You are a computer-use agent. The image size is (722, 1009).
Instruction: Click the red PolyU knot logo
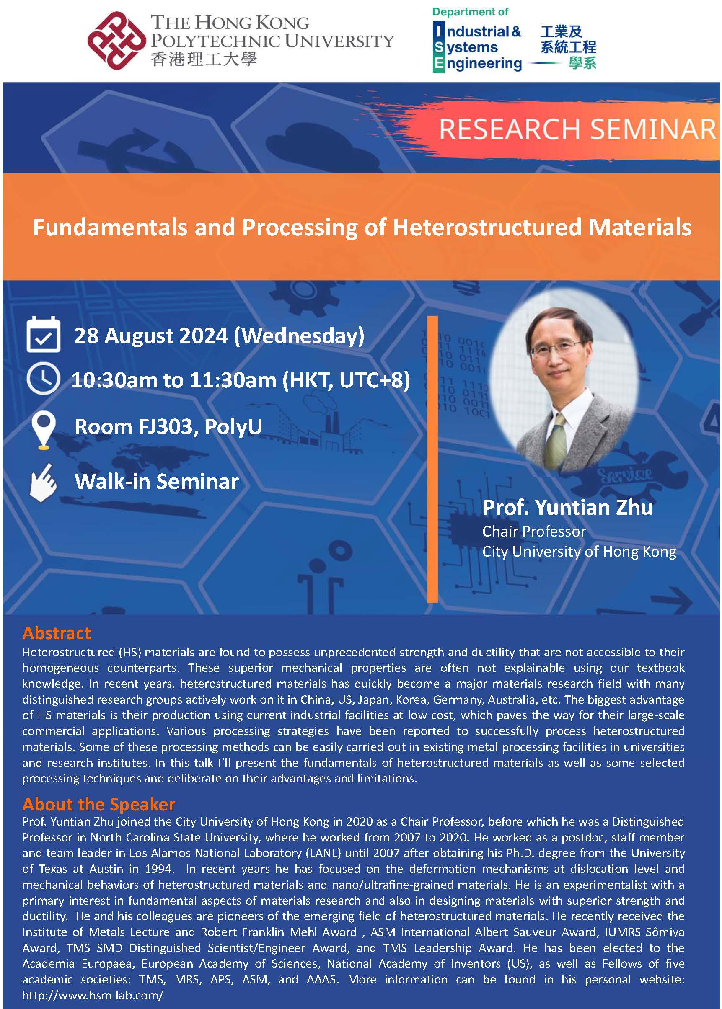(x=117, y=41)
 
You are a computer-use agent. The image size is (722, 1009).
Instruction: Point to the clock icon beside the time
(x=43, y=379)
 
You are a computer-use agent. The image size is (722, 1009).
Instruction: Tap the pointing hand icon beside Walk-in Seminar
(x=43, y=483)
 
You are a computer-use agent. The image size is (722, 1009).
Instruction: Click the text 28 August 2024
(x=151, y=335)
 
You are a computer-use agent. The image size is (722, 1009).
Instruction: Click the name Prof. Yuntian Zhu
(x=567, y=507)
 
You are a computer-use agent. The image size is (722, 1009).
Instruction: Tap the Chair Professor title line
(x=534, y=532)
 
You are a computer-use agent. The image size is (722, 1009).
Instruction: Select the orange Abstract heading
(x=57, y=633)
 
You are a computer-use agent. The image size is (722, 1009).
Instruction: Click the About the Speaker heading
(x=99, y=804)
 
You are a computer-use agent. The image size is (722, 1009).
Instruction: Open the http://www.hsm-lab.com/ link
(x=93, y=995)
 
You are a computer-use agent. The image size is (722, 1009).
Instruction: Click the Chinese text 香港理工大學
(x=204, y=59)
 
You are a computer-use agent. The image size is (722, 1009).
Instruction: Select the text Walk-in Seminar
(x=156, y=481)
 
